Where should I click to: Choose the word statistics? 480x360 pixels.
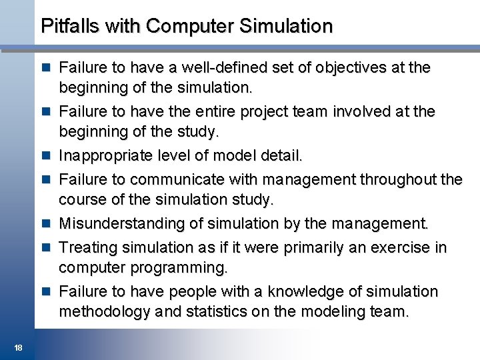coord(216,312)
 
